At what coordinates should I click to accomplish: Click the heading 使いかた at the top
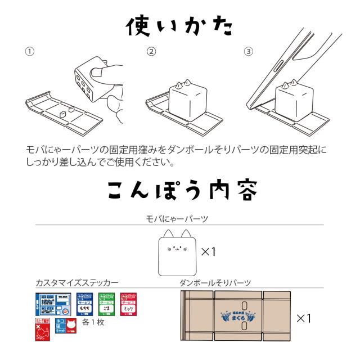pyautogui.click(x=179, y=25)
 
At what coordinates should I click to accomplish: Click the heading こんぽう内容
pyautogui.click(x=179, y=191)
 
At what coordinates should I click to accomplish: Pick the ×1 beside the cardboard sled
pyautogui.click(x=304, y=318)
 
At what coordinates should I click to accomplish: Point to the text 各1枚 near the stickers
pyautogui.click(x=92, y=322)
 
